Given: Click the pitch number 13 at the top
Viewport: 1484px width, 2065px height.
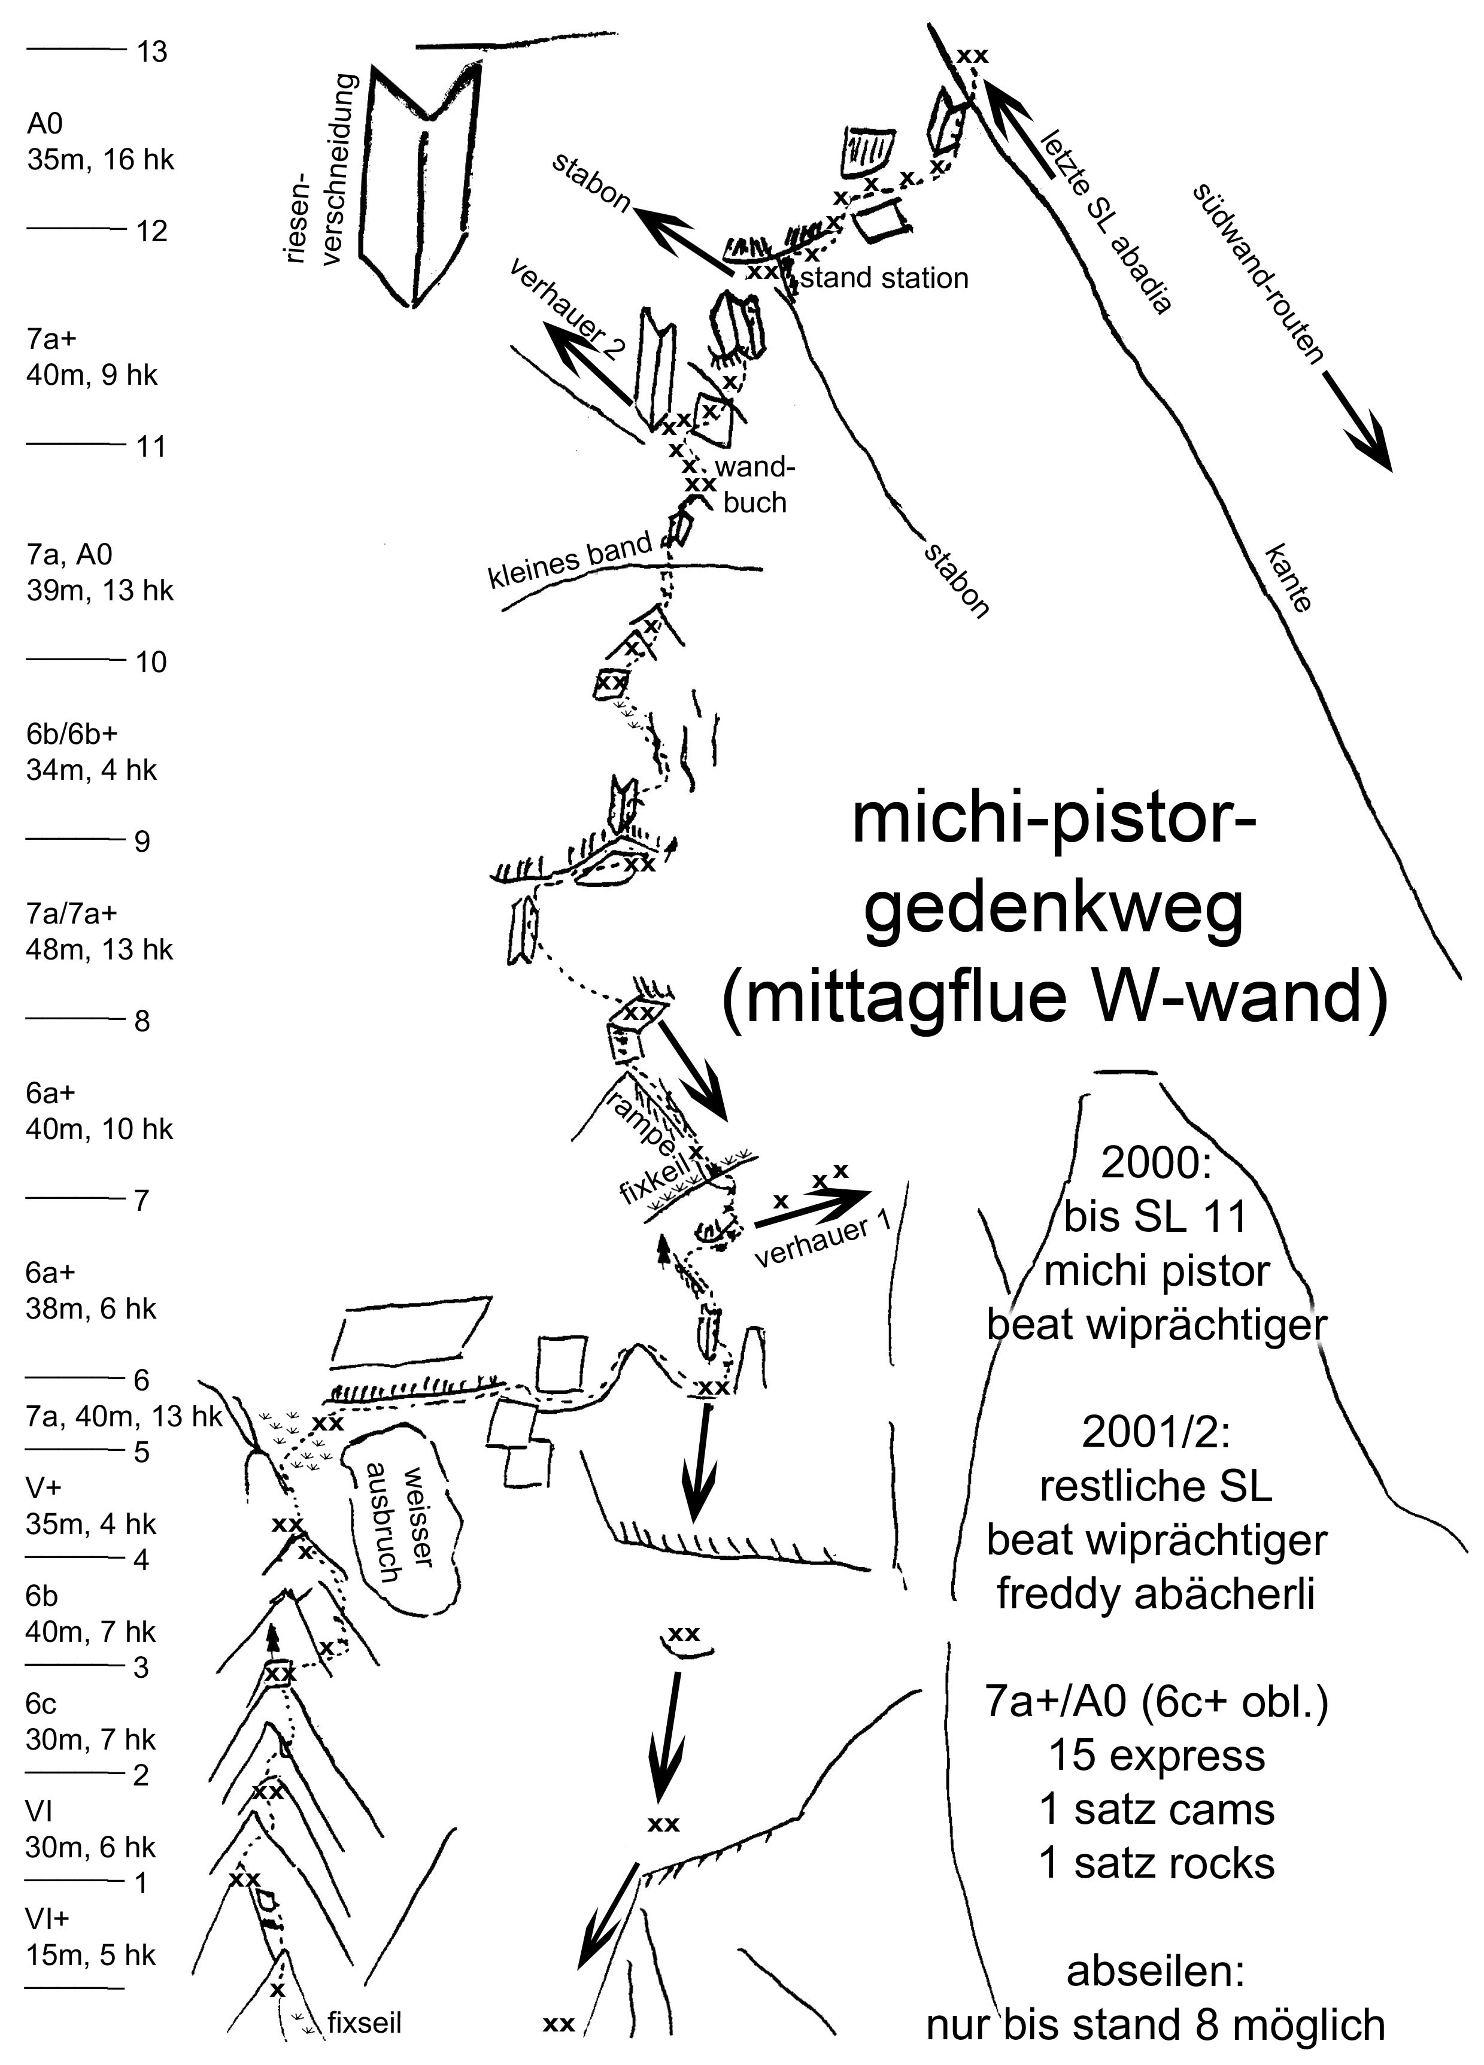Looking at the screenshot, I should [x=152, y=52].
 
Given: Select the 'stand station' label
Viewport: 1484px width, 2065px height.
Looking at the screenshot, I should [x=883, y=278].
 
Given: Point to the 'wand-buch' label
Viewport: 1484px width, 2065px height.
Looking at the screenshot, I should [x=755, y=485].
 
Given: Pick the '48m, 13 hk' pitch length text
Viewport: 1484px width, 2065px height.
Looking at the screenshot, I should [x=99, y=950].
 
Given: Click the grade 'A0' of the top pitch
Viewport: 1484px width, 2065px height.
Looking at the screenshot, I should [x=45, y=124].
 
